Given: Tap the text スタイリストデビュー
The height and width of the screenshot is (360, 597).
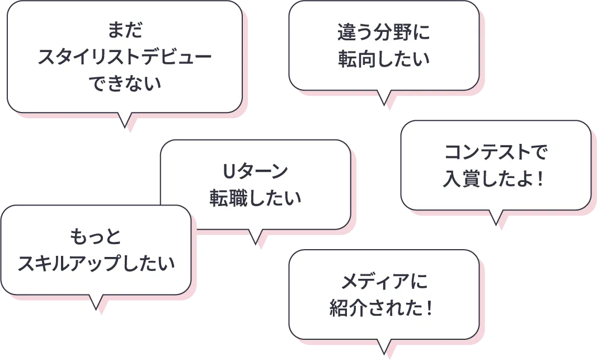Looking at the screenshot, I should (x=124, y=57).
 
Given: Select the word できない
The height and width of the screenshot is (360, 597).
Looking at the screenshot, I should (x=124, y=84).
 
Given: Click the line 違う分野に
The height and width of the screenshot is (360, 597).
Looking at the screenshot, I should (x=383, y=32).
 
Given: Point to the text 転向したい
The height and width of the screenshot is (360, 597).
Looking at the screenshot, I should (x=383, y=59).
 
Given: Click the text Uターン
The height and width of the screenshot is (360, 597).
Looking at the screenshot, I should (x=255, y=170).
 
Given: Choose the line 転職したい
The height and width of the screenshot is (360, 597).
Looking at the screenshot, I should (x=255, y=197).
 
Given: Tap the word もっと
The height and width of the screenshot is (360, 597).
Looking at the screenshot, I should (x=96, y=236).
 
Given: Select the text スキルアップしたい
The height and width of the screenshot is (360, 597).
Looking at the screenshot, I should (x=96, y=263).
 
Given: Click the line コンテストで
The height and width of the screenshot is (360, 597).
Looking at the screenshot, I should (x=496, y=152).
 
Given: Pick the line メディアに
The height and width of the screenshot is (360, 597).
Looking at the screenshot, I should (x=384, y=281).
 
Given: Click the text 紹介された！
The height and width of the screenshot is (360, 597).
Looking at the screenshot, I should (x=384, y=308).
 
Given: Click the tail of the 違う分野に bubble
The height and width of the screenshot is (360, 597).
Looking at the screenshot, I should (x=384, y=97).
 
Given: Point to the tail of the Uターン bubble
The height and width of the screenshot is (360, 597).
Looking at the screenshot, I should (x=256, y=236).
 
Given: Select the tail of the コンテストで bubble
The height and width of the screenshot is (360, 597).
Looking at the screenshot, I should (x=496, y=217).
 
